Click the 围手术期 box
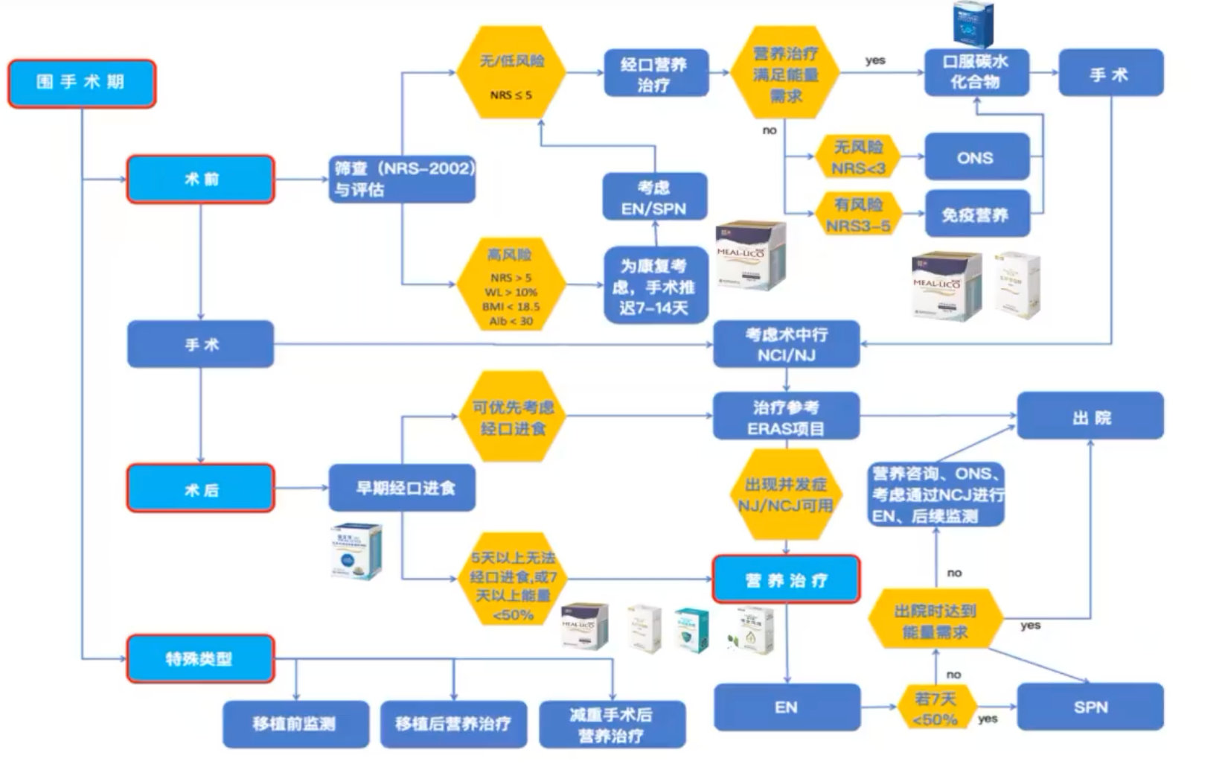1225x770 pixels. [82, 83]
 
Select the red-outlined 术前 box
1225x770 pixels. [201, 179]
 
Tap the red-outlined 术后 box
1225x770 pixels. [201, 489]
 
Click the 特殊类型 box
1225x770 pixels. [200, 658]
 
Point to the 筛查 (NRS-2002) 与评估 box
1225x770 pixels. [403, 179]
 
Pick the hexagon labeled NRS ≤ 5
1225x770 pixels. [511, 74]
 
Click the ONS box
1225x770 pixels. [976, 158]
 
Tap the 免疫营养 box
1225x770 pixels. [976, 215]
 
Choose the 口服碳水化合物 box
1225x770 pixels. [976, 72]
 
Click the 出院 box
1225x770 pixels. [1090, 416]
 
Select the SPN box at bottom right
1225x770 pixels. [1090, 707]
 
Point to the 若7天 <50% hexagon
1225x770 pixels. [935, 708]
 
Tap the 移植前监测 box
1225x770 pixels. [295, 724]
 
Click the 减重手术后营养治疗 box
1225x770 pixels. [612, 724]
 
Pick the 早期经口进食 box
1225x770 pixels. [403, 488]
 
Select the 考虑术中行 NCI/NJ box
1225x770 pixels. [787, 344]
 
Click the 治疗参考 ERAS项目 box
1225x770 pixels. [787, 416]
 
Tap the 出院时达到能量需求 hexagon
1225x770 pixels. [935, 620]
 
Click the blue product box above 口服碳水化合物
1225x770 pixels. [973, 24]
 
